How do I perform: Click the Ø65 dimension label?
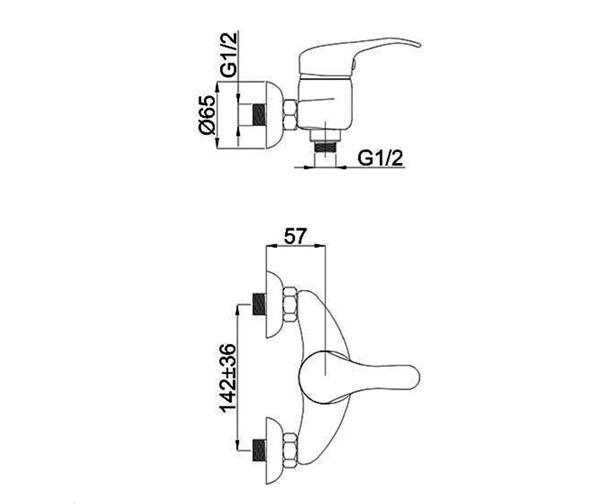(207, 115)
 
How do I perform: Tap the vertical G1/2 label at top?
(228, 55)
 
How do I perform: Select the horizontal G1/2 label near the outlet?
(380, 158)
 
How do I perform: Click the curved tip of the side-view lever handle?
(417, 45)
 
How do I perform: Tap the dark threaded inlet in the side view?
(259, 115)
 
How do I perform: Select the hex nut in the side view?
(290, 115)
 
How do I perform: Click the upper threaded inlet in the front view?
(259, 304)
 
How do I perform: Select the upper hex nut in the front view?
(290, 304)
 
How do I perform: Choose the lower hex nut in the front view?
(290, 450)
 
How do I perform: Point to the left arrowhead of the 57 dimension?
(270, 246)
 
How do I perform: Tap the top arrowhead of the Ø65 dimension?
(217, 86)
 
